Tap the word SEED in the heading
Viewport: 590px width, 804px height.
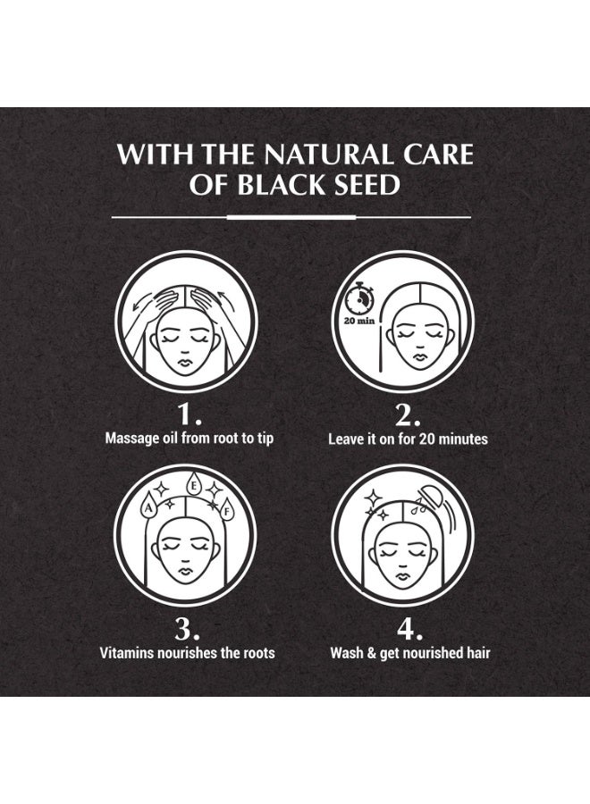tap(366, 185)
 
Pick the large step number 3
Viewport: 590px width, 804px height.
tap(187, 629)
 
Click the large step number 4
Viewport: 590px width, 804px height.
tap(408, 629)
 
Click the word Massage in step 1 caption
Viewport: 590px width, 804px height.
tap(133, 439)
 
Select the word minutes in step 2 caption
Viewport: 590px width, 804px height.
tap(460, 439)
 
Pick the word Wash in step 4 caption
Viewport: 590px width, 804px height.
tap(347, 652)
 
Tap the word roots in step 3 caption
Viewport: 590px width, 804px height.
tap(257, 652)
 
